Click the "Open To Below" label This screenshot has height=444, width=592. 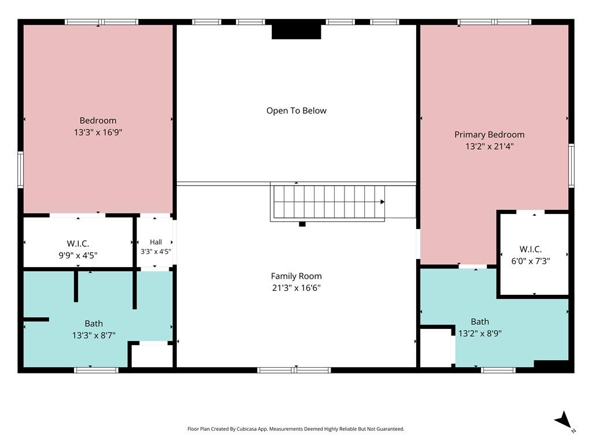point(297,110)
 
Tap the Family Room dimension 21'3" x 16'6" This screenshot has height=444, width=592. point(297,288)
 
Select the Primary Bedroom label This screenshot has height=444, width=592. point(489,135)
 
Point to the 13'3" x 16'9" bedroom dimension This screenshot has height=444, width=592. point(98,132)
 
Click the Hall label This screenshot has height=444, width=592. point(156,242)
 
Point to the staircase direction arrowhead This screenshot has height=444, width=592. point(383,202)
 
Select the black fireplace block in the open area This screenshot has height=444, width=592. point(297,32)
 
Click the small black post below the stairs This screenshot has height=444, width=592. point(302,224)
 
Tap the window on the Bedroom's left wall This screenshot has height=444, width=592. point(20,169)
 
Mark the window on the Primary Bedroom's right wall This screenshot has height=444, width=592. point(571,165)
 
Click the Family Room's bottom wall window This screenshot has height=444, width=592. point(294,370)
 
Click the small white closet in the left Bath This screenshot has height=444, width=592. point(152,356)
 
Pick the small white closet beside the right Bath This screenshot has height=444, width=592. point(436,347)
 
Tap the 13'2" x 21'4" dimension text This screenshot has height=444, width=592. point(489,146)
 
